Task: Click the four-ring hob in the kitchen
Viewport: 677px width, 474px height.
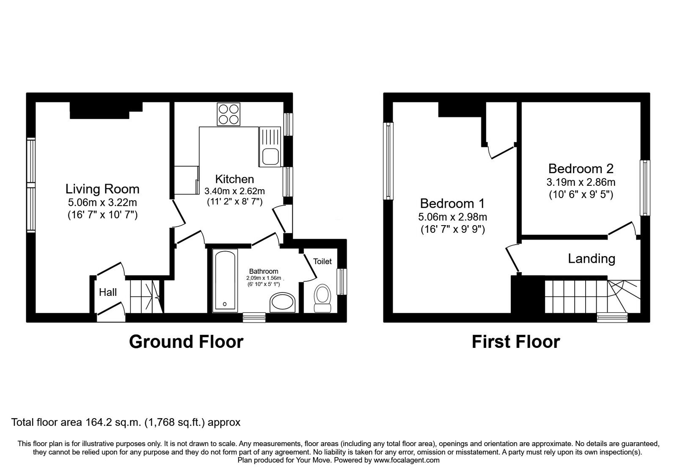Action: point(228,114)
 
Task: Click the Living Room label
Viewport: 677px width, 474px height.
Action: point(102,189)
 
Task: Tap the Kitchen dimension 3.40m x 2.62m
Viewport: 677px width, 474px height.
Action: point(234,191)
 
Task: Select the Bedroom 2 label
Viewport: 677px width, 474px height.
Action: point(581,169)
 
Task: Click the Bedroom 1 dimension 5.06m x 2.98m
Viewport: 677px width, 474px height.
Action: point(452,217)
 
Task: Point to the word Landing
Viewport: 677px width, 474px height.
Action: point(591,258)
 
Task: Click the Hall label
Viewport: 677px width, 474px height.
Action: point(108,292)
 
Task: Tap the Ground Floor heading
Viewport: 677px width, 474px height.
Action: point(186,342)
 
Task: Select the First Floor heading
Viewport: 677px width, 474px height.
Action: point(515,342)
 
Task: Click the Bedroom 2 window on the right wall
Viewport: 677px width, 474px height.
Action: point(644,187)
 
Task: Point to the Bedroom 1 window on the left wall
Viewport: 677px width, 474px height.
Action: point(388,161)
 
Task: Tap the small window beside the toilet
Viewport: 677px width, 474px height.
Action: point(341,282)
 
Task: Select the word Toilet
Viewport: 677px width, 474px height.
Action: point(322,262)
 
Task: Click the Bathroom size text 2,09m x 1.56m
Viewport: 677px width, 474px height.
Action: point(264,278)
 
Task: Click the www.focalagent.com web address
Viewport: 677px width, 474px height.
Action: point(407,460)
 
